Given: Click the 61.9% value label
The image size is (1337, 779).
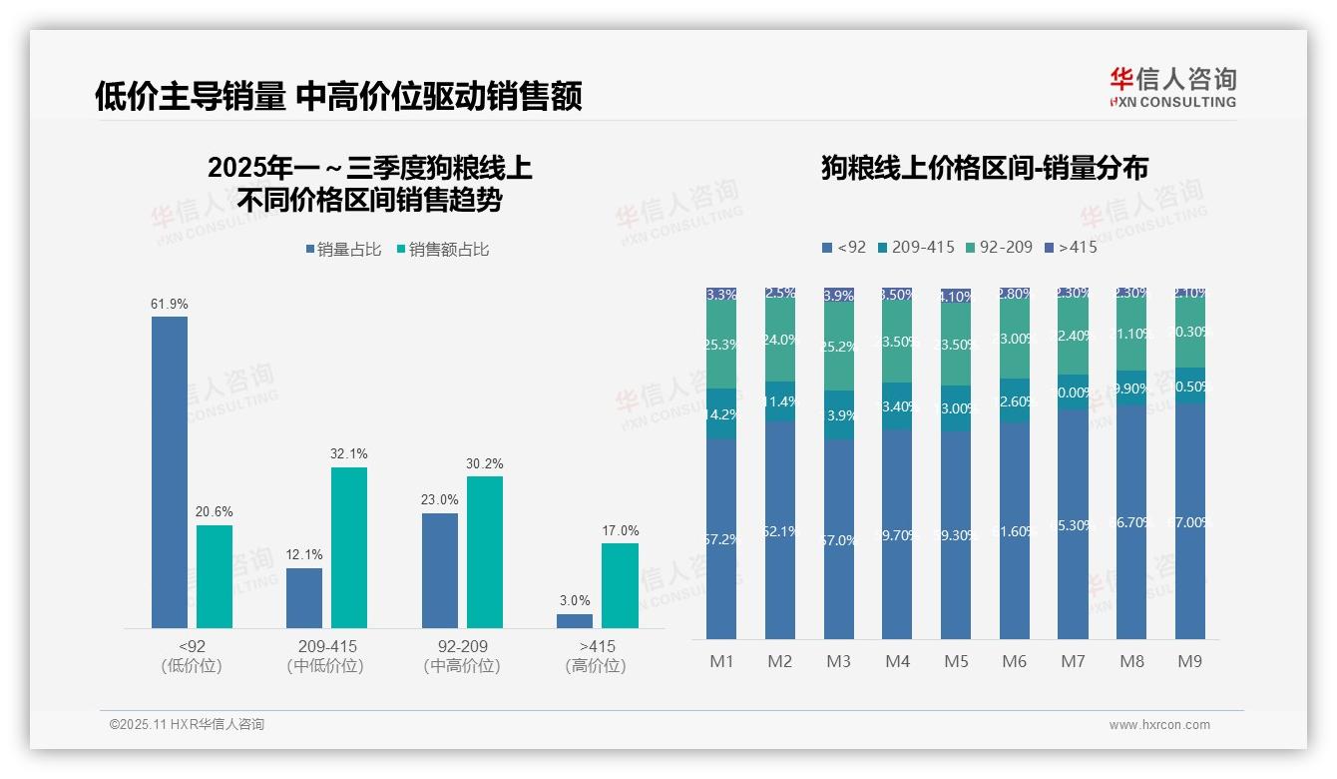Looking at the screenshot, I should tap(170, 304).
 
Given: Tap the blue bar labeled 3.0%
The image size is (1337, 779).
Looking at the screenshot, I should tap(575, 621).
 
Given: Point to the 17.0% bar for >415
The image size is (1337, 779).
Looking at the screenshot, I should tap(620, 585).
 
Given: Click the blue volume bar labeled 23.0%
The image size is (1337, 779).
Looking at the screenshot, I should tap(440, 570).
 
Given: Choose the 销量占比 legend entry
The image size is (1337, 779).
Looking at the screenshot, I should tap(342, 250).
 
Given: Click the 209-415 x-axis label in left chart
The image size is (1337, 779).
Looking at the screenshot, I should tap(326, 646).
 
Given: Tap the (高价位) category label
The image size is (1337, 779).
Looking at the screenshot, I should tap(596, 666).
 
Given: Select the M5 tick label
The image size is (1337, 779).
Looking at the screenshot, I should tap(956, 661).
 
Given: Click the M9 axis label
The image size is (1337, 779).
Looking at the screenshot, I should tap(1189, 661).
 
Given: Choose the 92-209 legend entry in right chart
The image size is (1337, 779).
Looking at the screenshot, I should tap(999, 247).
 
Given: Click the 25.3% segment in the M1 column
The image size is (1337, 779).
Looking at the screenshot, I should tap(721, 345).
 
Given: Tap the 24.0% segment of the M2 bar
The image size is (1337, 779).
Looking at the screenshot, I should tap(780, 340).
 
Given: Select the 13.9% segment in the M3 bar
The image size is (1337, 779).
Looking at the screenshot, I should tap(839, 414).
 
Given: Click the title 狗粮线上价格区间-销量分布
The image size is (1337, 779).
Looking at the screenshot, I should tap(984, 169).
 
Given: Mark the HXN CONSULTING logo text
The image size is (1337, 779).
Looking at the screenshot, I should tap(1172, 102).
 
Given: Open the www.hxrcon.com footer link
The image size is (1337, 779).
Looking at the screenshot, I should tap(1159, 725).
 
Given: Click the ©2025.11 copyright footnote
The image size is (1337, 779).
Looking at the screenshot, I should tap(187, 725).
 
